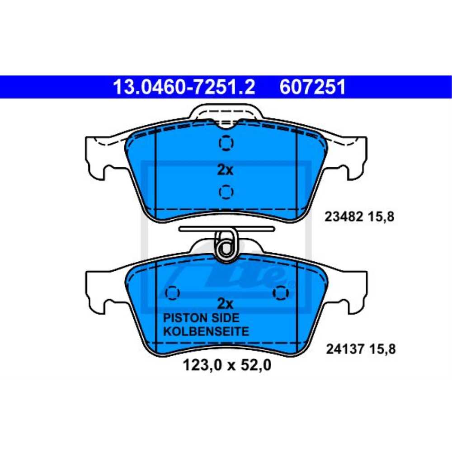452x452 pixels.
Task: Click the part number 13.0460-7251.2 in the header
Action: tap(184, 87)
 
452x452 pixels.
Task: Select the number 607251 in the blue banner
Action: tap(313, 87)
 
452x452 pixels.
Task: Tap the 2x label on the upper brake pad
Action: tap(225, 170)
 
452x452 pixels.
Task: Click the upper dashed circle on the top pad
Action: tap(226, 143)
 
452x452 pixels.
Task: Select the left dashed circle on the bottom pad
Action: tap(173, 292)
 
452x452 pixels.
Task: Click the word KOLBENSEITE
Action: tap(206, 331)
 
